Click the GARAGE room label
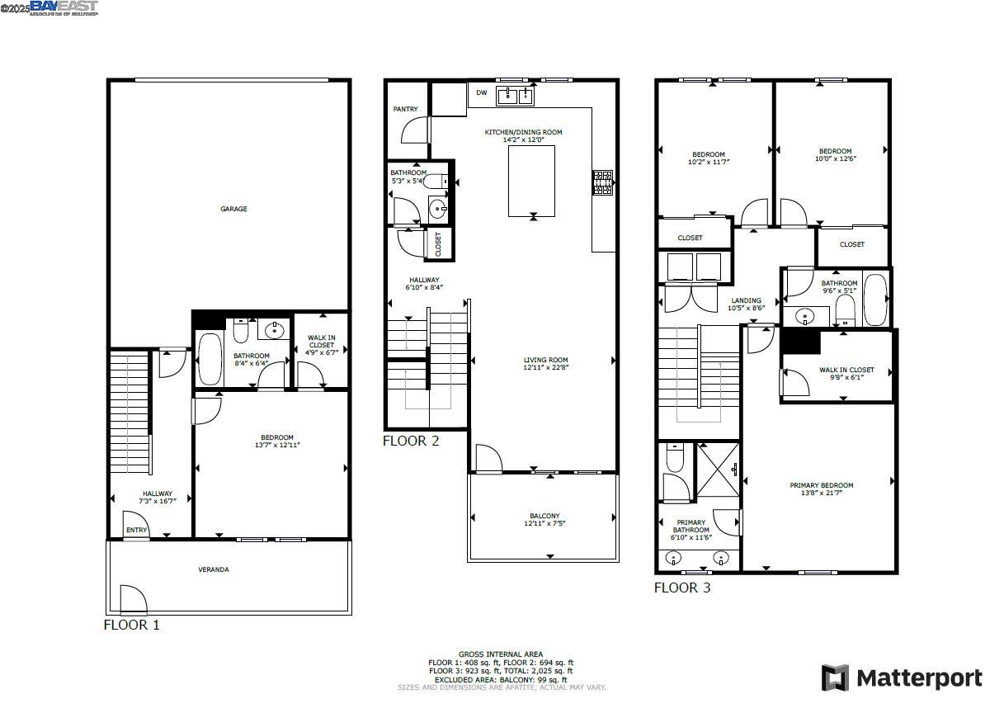[x=233, y=209]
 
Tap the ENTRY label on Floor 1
[x=136, y=531]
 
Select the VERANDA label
[x=213, y=569]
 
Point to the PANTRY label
[x=405, y=109]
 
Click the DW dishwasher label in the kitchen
[x=482, y=93]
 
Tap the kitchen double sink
[x=516, y=97]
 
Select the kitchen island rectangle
[x=531, y=180]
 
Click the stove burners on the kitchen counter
[x=602, y=182]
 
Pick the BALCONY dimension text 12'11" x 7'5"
[x=544, y=523]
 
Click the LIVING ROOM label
[x=545, y=360]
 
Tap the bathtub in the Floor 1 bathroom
[x=210, y=358]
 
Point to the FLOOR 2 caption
[x=411, y=441]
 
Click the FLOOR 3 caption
[x=682, y=588]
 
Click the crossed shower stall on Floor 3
[x=718, y=470]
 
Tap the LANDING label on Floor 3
[x=746, y=300]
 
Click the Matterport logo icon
[x=835, y=677]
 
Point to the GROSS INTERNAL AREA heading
[x=501, y=654]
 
